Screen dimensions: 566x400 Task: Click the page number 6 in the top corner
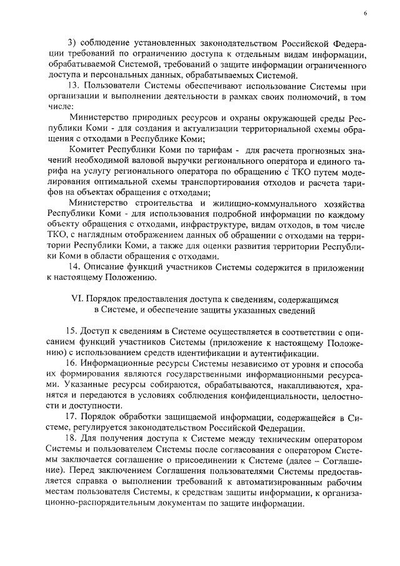click(x=365, y=13)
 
